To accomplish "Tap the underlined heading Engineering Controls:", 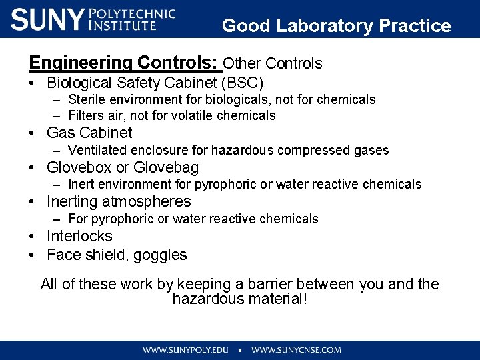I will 124,63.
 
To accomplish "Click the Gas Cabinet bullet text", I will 89,133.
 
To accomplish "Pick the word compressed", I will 309,151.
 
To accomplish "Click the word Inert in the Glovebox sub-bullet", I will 81,185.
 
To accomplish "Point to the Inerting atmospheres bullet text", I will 119,202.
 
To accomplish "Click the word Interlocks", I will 79,237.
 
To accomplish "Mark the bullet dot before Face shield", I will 32,255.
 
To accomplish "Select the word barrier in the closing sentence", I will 290,285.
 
